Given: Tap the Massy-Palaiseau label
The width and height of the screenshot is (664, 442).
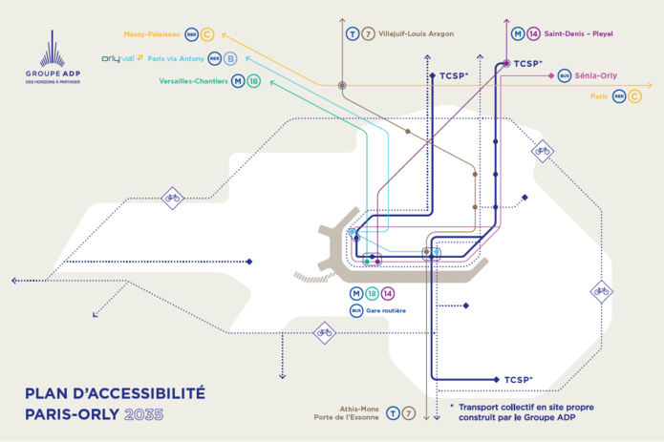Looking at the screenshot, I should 153,34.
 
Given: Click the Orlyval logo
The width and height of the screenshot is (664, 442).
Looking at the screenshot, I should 123,58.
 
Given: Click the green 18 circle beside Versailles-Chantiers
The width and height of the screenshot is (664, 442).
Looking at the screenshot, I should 253,81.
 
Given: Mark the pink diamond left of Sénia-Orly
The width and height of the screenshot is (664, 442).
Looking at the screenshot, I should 550,74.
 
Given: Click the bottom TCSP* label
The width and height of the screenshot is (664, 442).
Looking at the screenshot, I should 517,380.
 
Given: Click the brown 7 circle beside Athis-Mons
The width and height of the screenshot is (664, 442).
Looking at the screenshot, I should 409,413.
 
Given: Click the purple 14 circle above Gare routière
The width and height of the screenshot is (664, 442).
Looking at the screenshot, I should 388,293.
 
